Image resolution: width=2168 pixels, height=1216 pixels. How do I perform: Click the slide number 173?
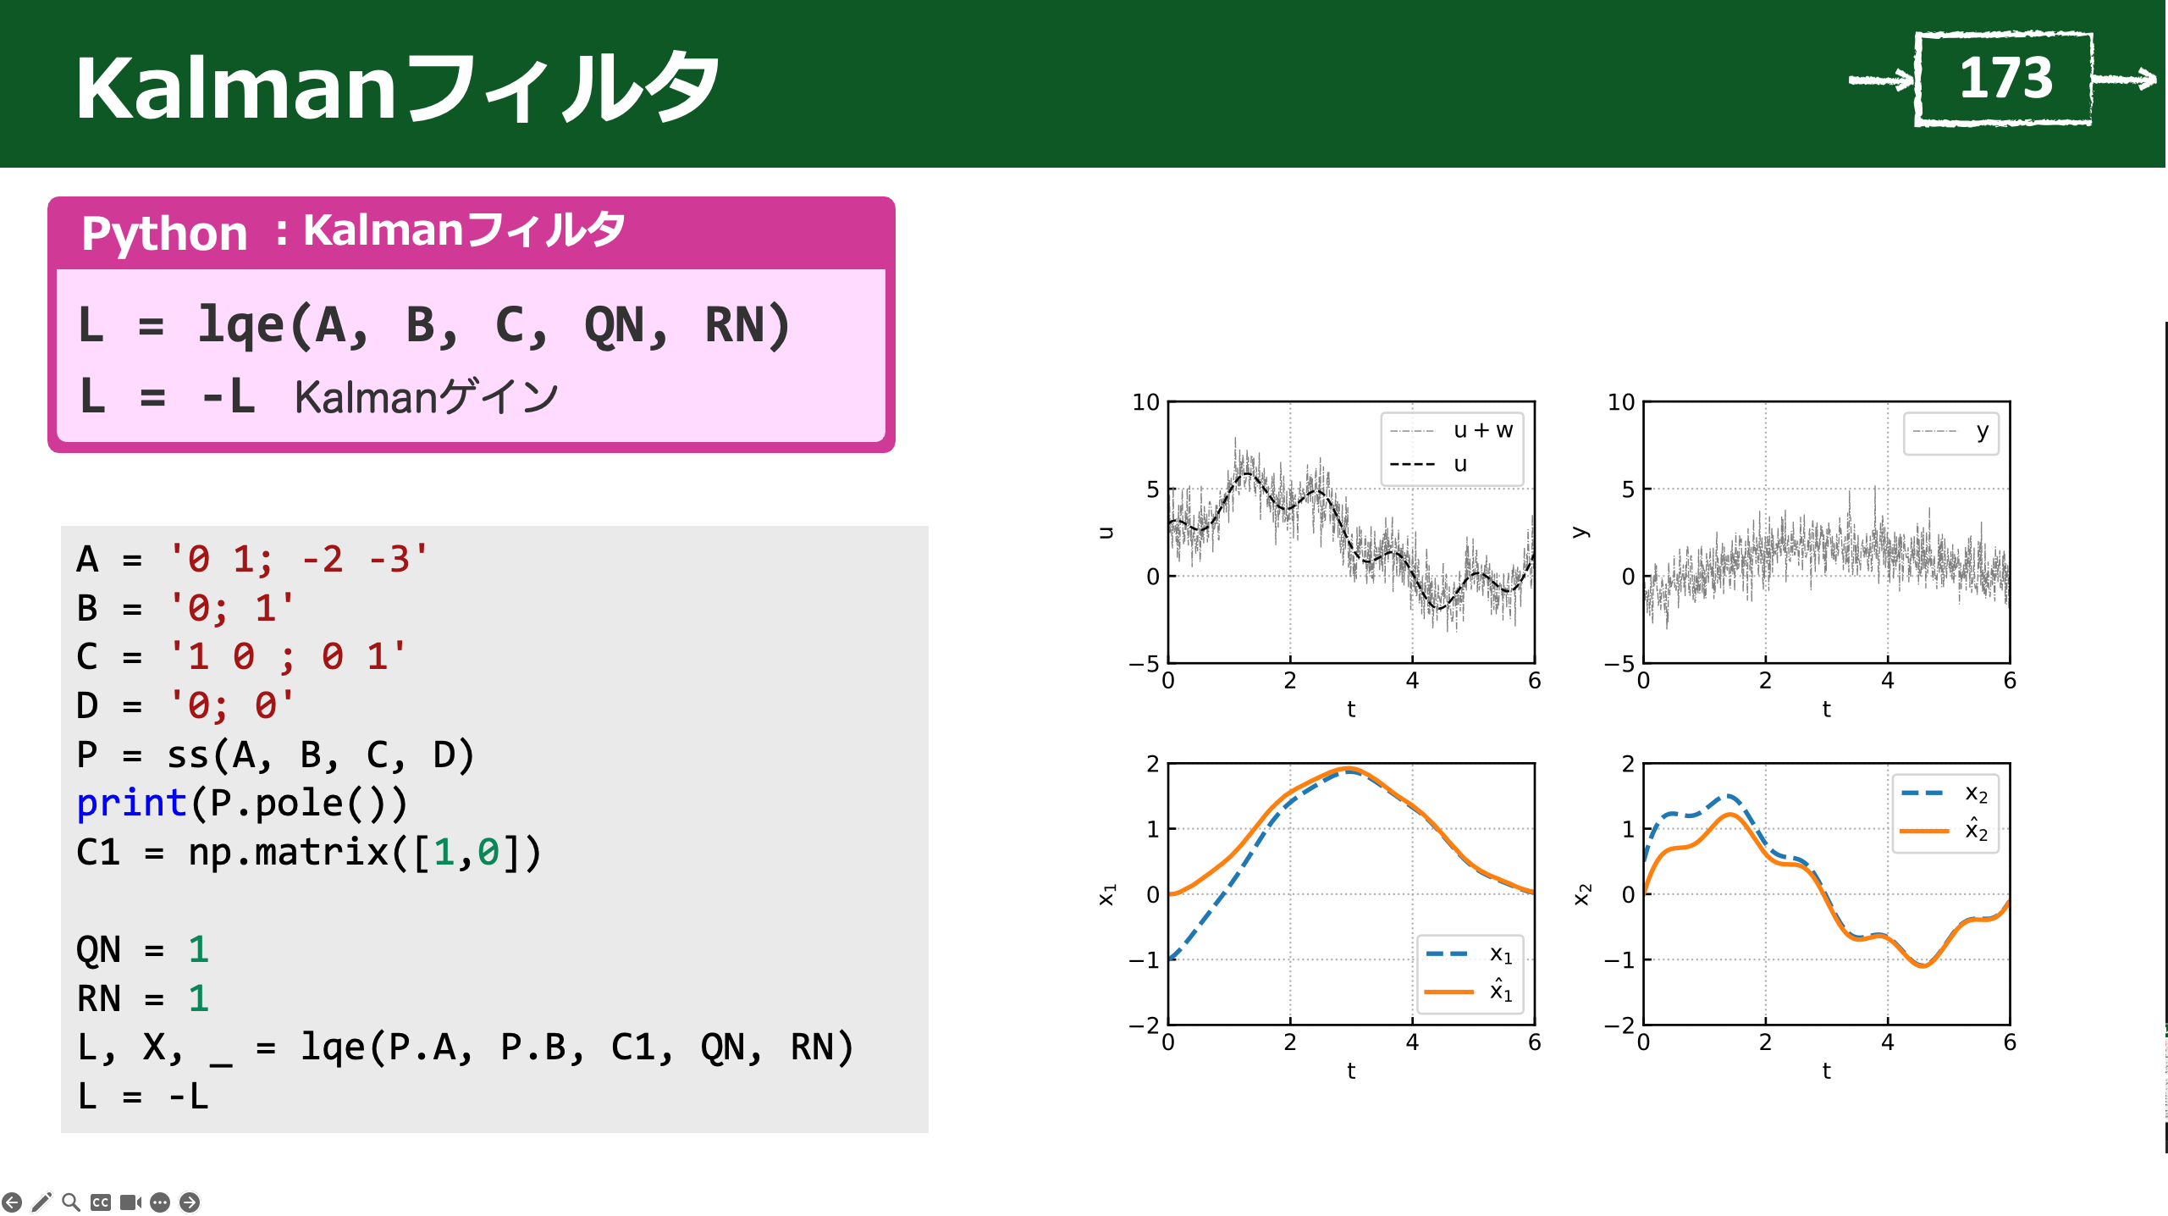tap(2005, 78)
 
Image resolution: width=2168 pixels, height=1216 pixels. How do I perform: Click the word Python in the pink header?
tap(164, 233)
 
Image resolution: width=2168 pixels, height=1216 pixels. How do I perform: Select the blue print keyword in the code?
tap(131, 804)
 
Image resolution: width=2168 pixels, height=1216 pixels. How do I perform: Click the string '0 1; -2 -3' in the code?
tap(299, 560)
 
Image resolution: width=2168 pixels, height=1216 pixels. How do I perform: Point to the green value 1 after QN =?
tap(198, 949)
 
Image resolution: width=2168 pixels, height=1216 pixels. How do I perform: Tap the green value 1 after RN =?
tap(198, 998)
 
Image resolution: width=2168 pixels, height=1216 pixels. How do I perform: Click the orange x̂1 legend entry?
tap(1468, 991)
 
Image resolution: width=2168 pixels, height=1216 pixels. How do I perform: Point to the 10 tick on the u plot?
tap(1145, 402)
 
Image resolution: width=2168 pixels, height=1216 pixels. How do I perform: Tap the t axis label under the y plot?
tap(1826, 709)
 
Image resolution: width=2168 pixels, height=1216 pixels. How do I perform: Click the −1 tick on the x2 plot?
tap(1619, 959)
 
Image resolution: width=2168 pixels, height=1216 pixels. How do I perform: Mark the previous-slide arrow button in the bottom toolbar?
tap(12, 1202)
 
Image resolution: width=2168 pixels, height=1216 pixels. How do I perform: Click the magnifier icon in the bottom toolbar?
tap(71, 1202)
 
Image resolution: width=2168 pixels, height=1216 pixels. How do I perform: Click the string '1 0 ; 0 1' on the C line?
tap(288, 657)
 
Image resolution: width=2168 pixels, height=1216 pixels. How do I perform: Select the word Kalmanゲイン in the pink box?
tap(426, 397)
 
